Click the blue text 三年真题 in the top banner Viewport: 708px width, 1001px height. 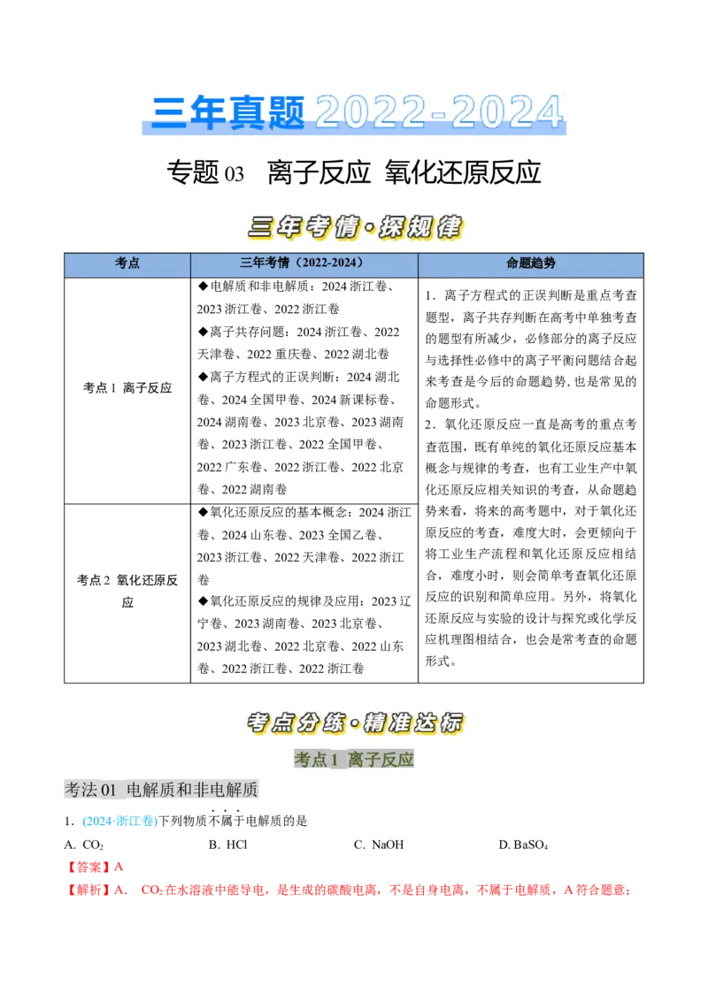(227, 112)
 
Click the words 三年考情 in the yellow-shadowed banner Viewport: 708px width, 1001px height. (302, 227)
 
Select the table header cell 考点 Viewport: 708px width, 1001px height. (127, 264)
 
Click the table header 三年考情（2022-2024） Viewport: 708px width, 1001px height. (303, 264)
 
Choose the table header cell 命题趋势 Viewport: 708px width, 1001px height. (530, 264)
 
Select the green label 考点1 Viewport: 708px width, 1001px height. (316, 760)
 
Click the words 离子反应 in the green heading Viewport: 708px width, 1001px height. (381, 760)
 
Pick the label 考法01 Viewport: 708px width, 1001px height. (91, 790)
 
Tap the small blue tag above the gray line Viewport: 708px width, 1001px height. (119, 821)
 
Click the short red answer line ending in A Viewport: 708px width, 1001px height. (96, 867)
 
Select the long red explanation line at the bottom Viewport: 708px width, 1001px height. (347, 890)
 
